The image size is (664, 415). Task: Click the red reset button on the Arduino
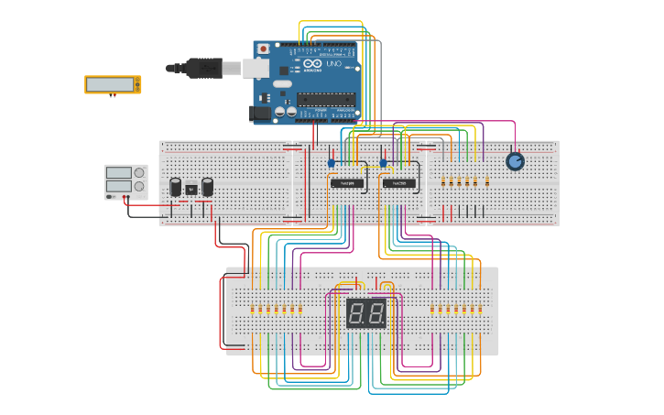click(264, 49)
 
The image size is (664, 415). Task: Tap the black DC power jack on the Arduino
click(261, 113)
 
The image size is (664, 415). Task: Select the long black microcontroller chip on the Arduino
click(325, 99)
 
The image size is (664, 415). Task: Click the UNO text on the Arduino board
click(333, 64)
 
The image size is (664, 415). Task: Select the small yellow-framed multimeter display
click(113, 84)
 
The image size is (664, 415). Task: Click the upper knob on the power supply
click(139, 170)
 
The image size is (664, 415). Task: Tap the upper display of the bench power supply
click(119, 171)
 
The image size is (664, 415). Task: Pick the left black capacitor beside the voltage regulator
click(175, 187)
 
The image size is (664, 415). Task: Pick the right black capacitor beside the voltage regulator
click(208, 187)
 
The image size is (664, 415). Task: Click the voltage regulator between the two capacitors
click(190, 190)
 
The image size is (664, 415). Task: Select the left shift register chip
click(347, 183)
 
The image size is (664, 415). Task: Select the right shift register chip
click(399, 183)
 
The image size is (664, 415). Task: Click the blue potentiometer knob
click(515, 161)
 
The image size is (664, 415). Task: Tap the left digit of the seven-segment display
click(357, 314)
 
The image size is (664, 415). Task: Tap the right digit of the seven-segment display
click(376, 314)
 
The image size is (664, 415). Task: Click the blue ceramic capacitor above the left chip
click(332, 163)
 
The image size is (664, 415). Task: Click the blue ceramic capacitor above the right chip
click(384, 163)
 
